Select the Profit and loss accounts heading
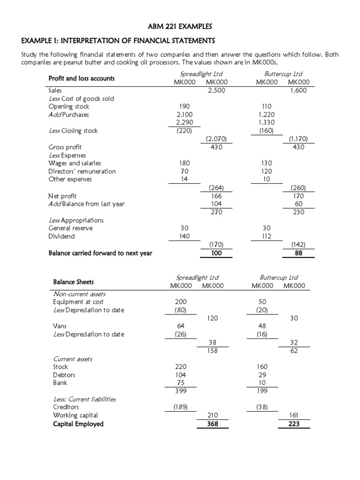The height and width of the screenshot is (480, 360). [x=81, y=78]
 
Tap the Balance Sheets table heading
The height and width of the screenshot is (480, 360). [x=73, y=282]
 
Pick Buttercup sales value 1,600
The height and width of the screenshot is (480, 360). [x=298, y=90]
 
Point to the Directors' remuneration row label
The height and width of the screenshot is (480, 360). [x=82, y=171]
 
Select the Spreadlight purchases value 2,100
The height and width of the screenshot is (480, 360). [x=184, y=114]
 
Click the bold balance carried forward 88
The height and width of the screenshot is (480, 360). [x=299, y=254]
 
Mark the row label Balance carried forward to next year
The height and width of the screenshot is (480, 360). [x=100, y=254]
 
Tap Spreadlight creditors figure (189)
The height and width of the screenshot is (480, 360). [x=180, y=407]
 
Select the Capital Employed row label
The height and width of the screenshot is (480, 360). [x=78, y=424]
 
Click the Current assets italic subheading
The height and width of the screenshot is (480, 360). [x=73, y=359]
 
